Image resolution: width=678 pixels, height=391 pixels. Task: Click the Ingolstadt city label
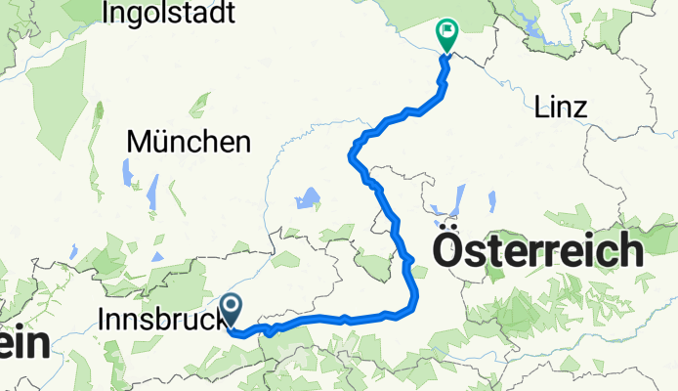(x=169, y=14)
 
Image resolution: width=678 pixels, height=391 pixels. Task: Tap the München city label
(x=188, y=143)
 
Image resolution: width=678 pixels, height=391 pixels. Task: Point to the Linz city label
(x=561, y=109)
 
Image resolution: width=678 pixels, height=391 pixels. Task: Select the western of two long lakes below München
(x=128, y=173)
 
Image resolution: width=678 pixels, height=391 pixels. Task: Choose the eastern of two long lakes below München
(x=152, y=192)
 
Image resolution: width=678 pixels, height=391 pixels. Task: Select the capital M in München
(x=136, y=143)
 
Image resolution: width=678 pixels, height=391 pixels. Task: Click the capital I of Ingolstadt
(x=105, y=14)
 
